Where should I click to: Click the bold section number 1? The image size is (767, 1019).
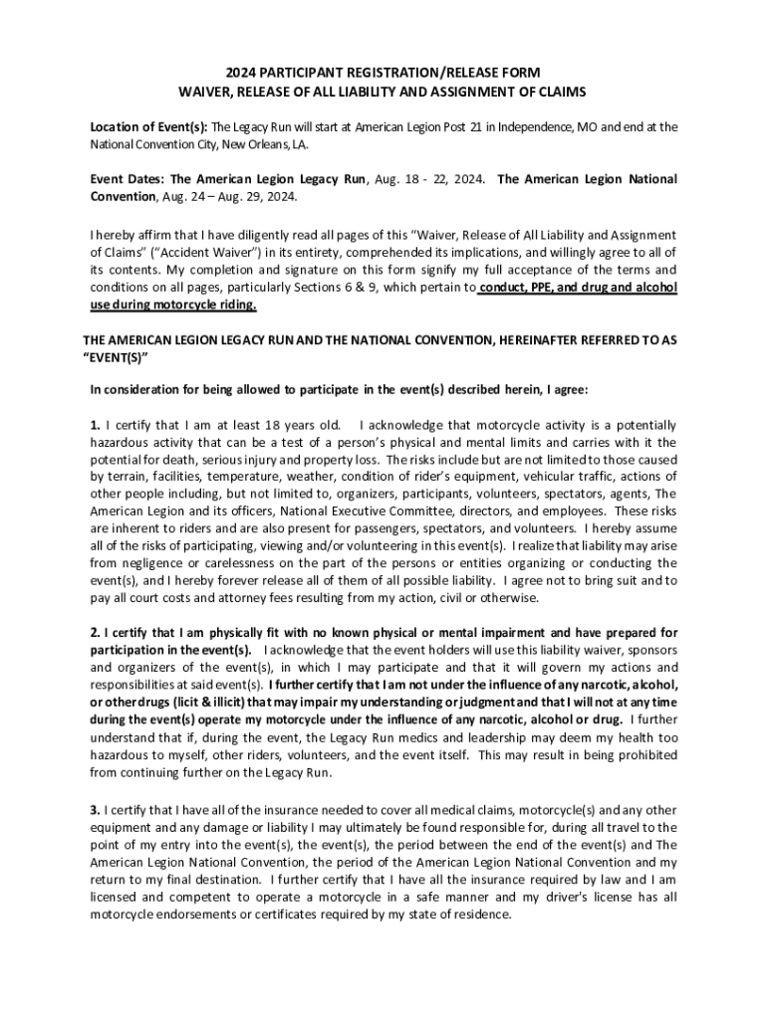[95, 426]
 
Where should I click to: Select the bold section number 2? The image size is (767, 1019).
[95, 633]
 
